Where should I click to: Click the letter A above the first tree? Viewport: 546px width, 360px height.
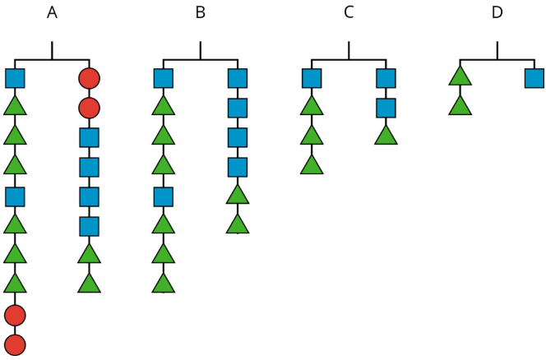click(52, 12)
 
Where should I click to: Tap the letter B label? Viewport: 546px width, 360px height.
click(200, 12)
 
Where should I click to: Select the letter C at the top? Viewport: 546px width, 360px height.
click(349, 12)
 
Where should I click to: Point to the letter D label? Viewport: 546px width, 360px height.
click(497, 12)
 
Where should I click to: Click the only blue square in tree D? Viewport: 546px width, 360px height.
click(534, 79)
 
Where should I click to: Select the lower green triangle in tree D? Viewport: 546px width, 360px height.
click(460, 106)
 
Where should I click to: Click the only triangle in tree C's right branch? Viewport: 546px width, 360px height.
click(386, 136)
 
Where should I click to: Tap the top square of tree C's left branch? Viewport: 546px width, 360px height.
click(311, 79)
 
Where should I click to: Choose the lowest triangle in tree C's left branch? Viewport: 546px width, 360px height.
click(311, 165)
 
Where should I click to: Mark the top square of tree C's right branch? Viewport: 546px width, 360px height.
click(386, 79)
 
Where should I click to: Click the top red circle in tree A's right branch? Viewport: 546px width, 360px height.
click(89, 79)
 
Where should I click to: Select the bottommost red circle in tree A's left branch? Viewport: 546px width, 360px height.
click(15, 344)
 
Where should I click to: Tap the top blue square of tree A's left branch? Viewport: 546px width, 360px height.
click(15, 79)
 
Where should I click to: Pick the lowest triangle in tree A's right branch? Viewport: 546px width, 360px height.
click(89, 284)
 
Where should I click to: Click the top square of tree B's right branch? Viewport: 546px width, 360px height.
click(238, 79)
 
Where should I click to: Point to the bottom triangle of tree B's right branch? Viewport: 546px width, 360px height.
click(238, 224)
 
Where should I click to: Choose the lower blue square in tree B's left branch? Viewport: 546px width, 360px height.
click(163, 196)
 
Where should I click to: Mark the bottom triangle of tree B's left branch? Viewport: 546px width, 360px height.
click(163, 284)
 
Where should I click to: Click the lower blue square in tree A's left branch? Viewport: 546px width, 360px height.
click(15, 196)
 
